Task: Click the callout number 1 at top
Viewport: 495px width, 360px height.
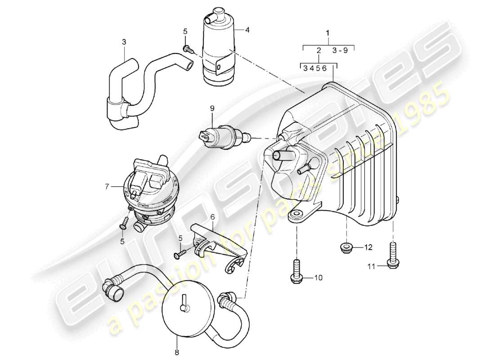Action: [328, 33]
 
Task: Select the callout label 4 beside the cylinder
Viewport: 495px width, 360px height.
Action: [247, 31]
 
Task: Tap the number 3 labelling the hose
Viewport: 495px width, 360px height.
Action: [124, 42]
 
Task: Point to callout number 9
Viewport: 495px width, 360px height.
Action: [211, 108]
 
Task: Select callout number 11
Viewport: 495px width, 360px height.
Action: [371, 266]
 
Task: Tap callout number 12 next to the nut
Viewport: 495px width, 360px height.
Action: [369, 247]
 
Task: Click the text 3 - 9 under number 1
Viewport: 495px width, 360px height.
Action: [340, 50]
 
